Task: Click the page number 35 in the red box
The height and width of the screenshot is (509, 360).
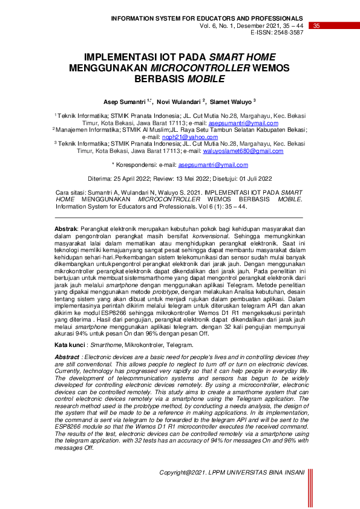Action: coord(316,25)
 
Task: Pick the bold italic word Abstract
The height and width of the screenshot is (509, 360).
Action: coord(67,357)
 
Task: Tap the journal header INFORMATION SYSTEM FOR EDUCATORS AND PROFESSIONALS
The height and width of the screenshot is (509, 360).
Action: coord(207,19)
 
